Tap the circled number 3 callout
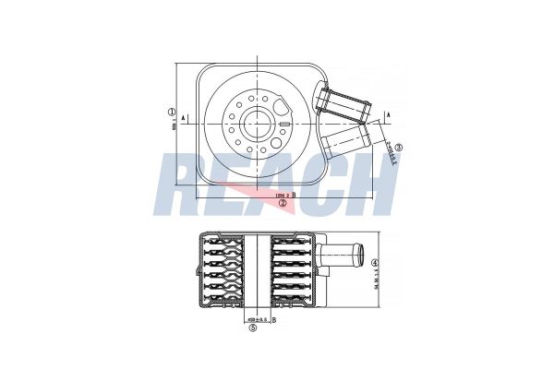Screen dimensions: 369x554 (398, 147)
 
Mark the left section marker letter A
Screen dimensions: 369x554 (185, 117)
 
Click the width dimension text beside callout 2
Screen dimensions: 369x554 (280, 196)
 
